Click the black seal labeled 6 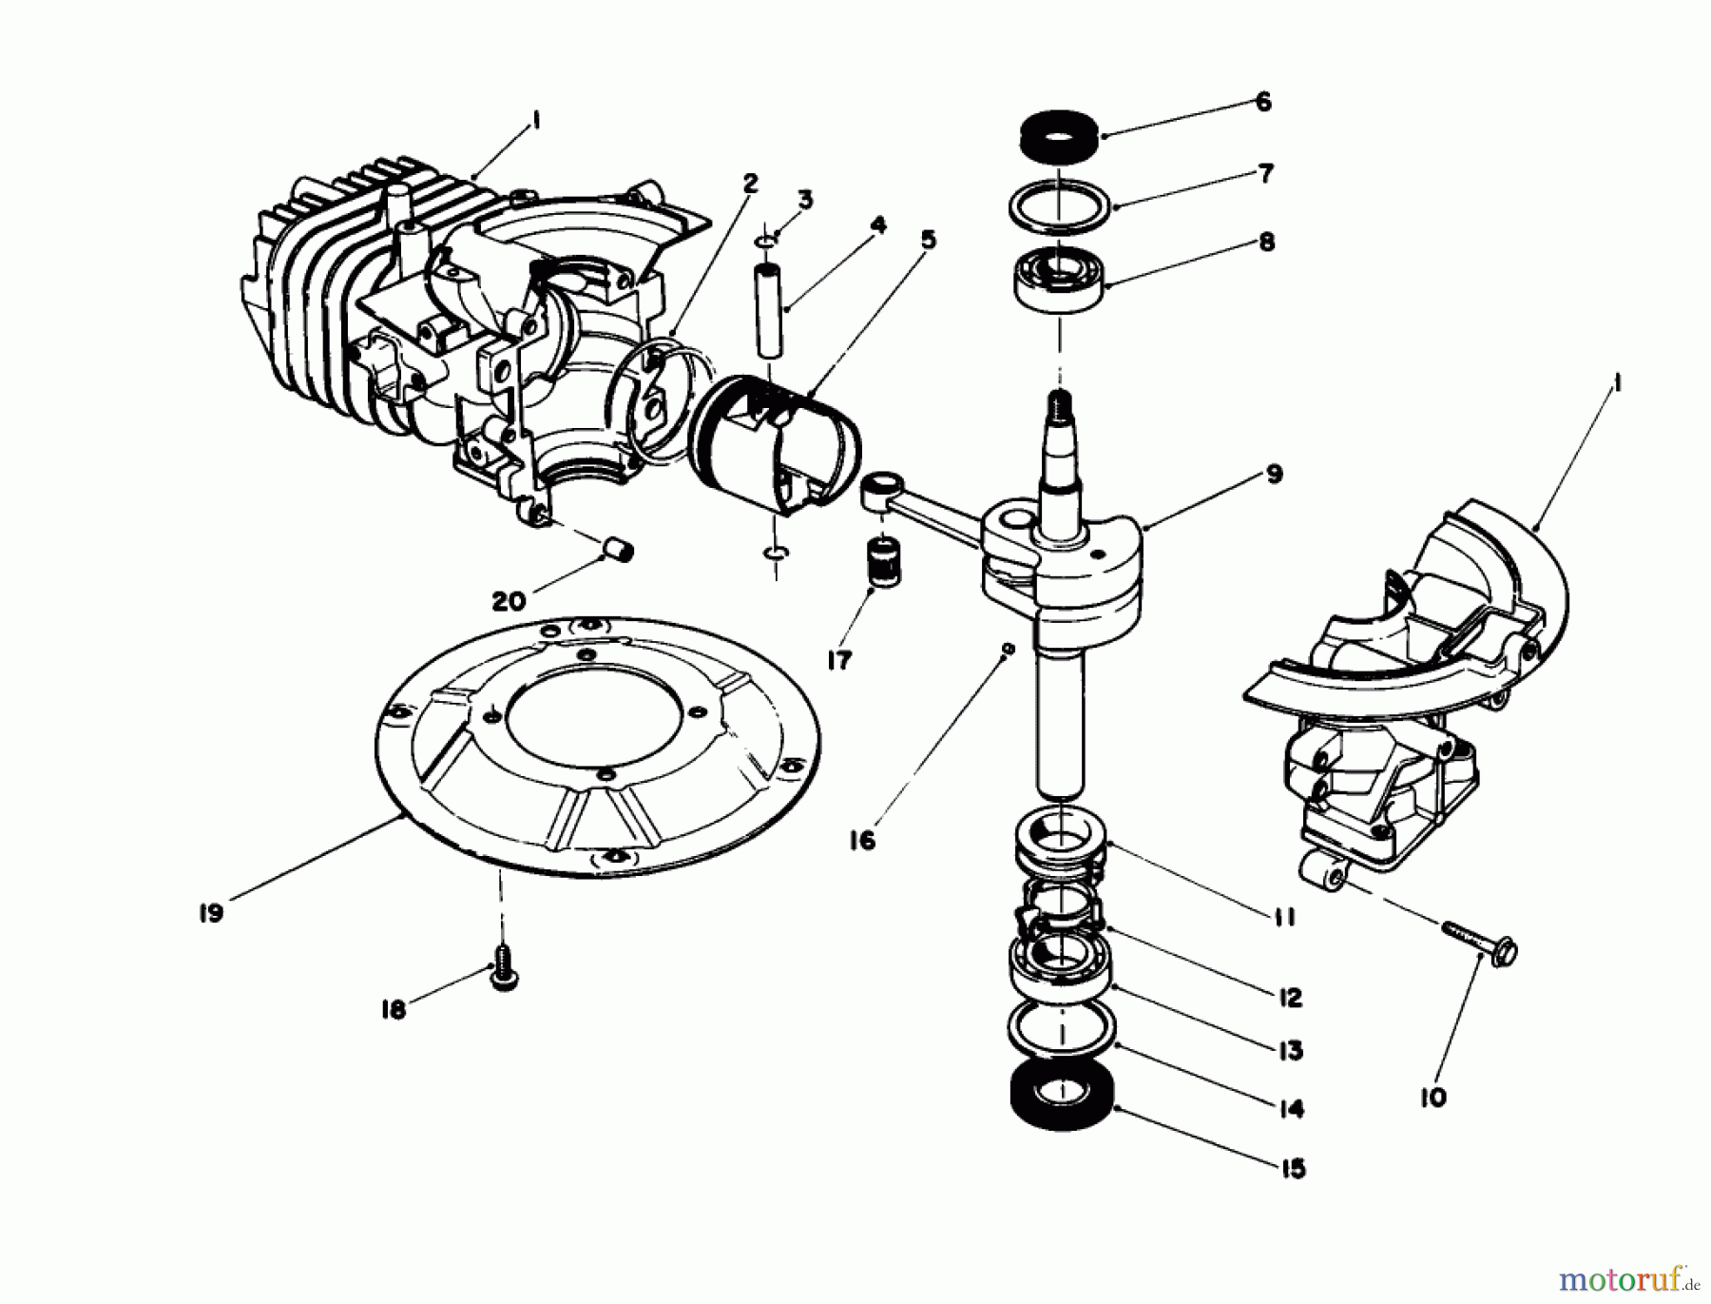1058,135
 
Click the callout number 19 211,913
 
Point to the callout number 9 1274,474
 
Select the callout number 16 862,841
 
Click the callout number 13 1290,1051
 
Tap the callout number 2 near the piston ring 750,184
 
